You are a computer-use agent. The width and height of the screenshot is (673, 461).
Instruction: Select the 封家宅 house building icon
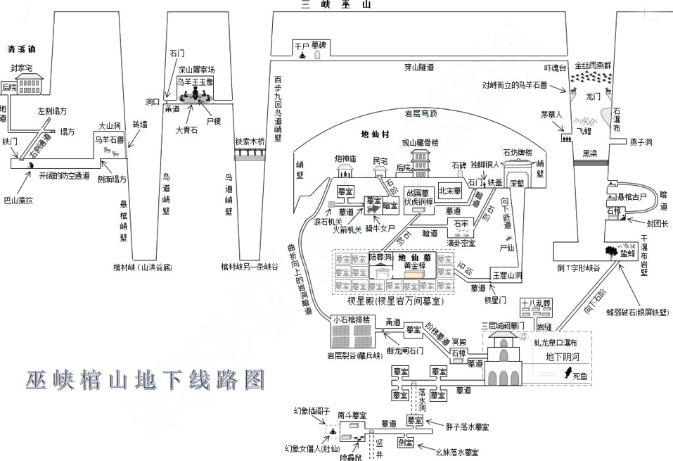[29, 84]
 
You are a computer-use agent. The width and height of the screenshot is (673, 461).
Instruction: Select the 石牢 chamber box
[461, 224]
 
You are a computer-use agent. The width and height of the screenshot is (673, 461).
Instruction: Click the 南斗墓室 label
[350, 415]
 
